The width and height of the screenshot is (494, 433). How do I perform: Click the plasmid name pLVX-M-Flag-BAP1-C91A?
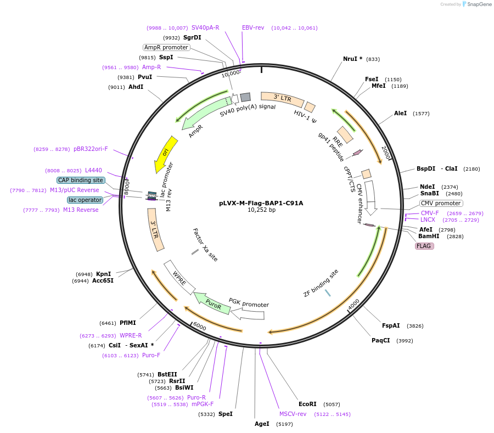[x=261, y=203]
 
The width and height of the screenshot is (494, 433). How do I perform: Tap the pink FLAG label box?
[x=424, y=246]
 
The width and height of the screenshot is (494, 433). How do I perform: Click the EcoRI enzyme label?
[x=307, y=404]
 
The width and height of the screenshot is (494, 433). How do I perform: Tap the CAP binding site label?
[x=81, y=180]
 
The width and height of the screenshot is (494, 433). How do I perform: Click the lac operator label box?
[x=85, y=200]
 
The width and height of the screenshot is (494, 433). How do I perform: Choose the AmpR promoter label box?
[x=166, y=47]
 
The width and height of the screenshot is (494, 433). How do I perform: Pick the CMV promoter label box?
[x=441, y=203]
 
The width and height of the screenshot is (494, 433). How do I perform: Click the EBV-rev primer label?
[x=253, y=27]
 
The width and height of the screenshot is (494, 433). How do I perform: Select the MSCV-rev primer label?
[x=293, y=414]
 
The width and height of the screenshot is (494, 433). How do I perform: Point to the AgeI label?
[x=262, y=424]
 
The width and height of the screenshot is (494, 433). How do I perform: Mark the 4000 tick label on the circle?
[x=353, y=302]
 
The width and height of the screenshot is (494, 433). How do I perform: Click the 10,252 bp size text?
[x=261, y=210]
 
